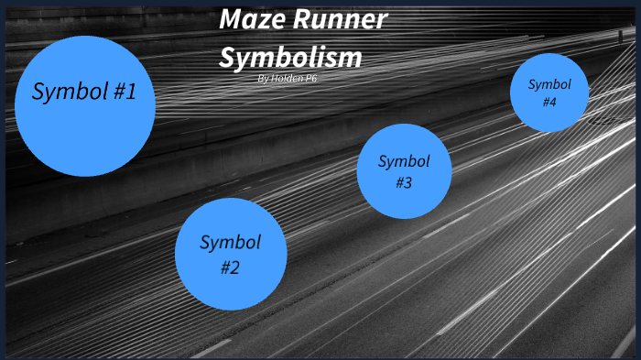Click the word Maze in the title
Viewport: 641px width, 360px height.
coord(251,20)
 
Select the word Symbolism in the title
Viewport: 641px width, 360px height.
coord(291,57)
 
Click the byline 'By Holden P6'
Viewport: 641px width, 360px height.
coord(288,79)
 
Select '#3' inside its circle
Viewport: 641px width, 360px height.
coord(404,182)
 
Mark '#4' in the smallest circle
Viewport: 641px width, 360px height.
coord(549,102)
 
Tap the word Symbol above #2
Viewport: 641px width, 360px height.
coord(231,243)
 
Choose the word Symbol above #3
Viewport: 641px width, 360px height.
coord(404,161)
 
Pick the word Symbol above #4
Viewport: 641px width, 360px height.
coord(549,84)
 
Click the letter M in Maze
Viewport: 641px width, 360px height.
coord(231,20)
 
